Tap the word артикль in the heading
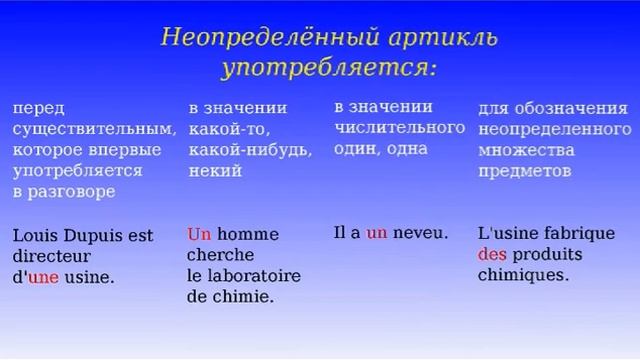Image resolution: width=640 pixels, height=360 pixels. point(442,38)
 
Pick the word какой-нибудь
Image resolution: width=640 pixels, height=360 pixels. point(249,150)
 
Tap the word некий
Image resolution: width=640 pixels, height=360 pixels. point(214,171)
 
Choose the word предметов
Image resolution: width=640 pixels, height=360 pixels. point(525,171)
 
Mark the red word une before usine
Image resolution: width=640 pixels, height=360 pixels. point(43,278)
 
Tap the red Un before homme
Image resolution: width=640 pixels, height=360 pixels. point(199,235)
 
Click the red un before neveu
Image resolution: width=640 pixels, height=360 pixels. point(376,233)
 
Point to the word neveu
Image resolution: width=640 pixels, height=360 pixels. point(420,233)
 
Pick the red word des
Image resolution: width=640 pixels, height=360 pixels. point(492,254)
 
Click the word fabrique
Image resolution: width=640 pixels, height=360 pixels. point(582,233)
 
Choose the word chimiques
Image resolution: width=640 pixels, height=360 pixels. point(523,275)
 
